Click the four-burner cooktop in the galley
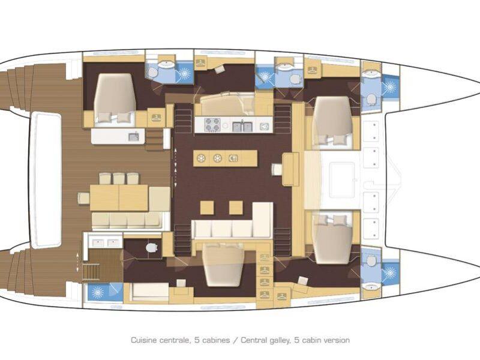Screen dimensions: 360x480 [212, 125]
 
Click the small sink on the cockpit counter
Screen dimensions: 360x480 [134, 137]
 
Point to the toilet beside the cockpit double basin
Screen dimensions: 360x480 [151, 247]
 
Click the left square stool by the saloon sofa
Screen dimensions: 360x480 [207, 207]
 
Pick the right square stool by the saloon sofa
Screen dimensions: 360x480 [236, 207]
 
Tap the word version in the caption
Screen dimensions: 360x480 [337, 340]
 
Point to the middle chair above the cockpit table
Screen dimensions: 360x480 [119, 178]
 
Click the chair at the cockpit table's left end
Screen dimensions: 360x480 [83, 198]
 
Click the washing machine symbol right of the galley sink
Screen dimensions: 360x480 [263, 125]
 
